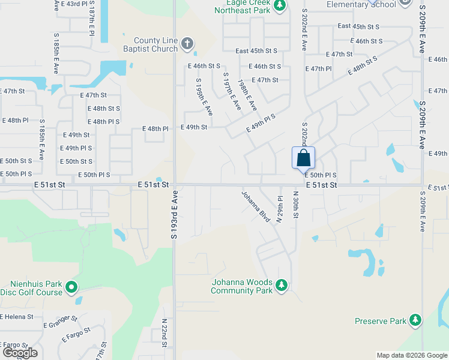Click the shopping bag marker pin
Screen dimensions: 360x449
coord(304,158)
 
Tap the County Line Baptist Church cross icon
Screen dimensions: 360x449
coord(187,43)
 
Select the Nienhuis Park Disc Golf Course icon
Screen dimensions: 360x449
coord(72,287)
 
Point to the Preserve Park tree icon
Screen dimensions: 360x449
coord(415,320)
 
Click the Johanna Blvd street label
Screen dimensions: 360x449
coord(256,206)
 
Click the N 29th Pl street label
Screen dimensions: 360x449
coord(280,209)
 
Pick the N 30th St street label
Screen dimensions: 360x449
coord(295,205)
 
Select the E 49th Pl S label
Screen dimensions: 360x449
coord(261,124)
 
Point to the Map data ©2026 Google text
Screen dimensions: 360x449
coord(411,355)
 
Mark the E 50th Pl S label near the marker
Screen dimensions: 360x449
coord(321,175)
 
